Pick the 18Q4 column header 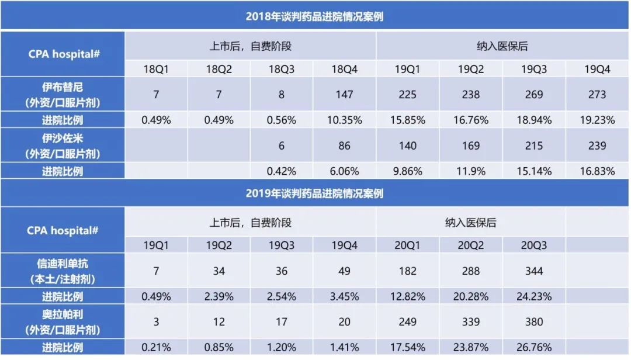pos(345,69)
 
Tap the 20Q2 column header pos(471,245)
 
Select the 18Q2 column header pos(219,69)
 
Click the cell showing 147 pos(345,95)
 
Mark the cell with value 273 pos(597,95)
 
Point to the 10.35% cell pos(345,120)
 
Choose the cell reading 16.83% pos(597,171)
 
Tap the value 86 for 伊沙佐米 pos(345,146)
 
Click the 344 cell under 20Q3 pos(534,271)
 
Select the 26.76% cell pos(534,347)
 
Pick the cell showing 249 pos(408,322)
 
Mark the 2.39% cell pos(219,296)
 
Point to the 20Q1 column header pos(408,245)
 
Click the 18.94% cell pos(534,120)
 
